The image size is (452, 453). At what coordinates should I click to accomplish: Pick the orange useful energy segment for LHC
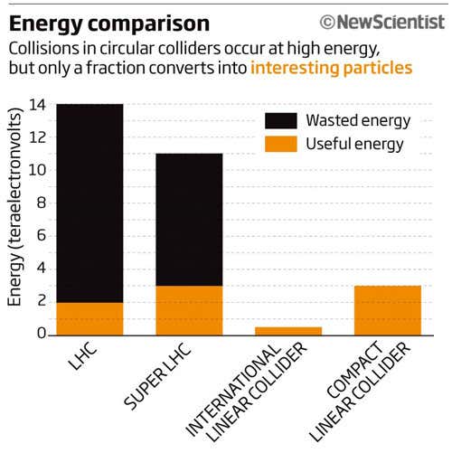pos(89,318)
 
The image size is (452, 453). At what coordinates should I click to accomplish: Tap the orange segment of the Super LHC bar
pos(189,310)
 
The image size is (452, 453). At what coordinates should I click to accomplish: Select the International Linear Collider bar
pos(288,331)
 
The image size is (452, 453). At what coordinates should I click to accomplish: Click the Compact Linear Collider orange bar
pos(388,310)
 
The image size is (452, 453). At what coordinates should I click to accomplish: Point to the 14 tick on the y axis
pos(37,104)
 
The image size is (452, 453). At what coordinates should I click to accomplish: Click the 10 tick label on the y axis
pos(37,170)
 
